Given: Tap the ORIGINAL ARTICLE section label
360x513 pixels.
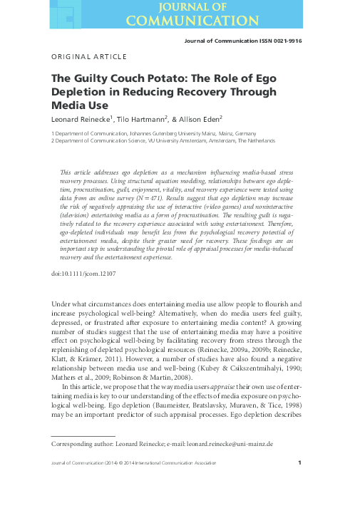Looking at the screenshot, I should pyautogui.click(x=89, y=56).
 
